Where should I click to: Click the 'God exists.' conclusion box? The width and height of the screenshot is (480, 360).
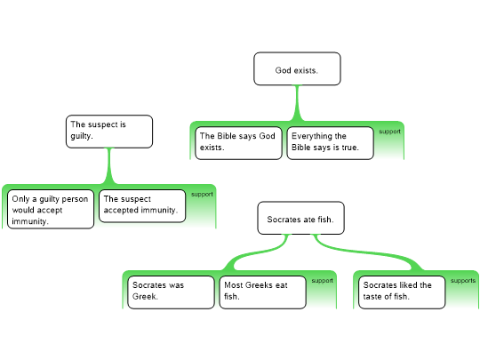(x=297, y=68)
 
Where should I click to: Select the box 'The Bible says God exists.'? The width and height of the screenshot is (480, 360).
(x=238, y=143)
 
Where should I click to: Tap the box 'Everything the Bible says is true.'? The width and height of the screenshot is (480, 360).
(x=330, y=143)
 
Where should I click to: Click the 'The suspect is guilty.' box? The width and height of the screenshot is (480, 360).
(x=109, y=132)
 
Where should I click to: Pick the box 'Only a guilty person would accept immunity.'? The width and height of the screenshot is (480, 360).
(x=51, y=209)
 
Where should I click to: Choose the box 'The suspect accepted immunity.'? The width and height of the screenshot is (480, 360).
(x=142, y=206)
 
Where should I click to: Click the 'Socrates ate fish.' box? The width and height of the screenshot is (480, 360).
(x=301, y=218)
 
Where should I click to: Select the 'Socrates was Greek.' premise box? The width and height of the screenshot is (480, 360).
(x=172, y=292)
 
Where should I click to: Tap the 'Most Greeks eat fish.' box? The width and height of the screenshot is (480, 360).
(x=262, y=292)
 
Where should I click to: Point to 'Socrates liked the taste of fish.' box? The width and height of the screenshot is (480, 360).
(x=402, y=292)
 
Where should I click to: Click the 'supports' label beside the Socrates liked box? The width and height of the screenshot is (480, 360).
(x=463, y=281)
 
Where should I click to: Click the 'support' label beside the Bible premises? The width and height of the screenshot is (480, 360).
(x=389, y=132)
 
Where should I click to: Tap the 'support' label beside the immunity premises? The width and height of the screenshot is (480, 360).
(x=202, y=195)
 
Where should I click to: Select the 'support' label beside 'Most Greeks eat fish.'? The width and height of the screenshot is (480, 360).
(x=323, y=281)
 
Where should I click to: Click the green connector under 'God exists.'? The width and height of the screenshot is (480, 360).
(x=297, y=103)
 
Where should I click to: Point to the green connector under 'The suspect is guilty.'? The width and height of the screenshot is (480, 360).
(x=109, y=166)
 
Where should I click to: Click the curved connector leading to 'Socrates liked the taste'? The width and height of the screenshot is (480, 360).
(x=367, y=252)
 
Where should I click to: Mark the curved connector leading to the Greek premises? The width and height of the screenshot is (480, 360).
(x=257, y=252)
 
